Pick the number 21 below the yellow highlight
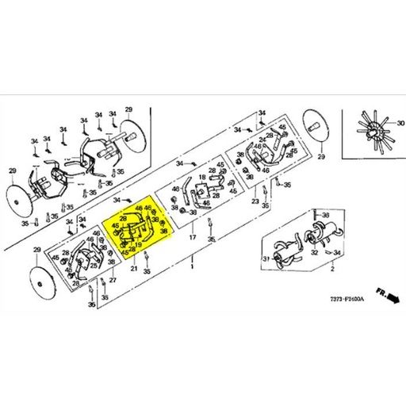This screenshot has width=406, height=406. tap(134, 270)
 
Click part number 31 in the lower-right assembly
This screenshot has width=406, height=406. tap(266, 260)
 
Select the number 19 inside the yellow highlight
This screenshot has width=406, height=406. tap(137, 245)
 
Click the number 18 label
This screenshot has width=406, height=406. tap(201, 178)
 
